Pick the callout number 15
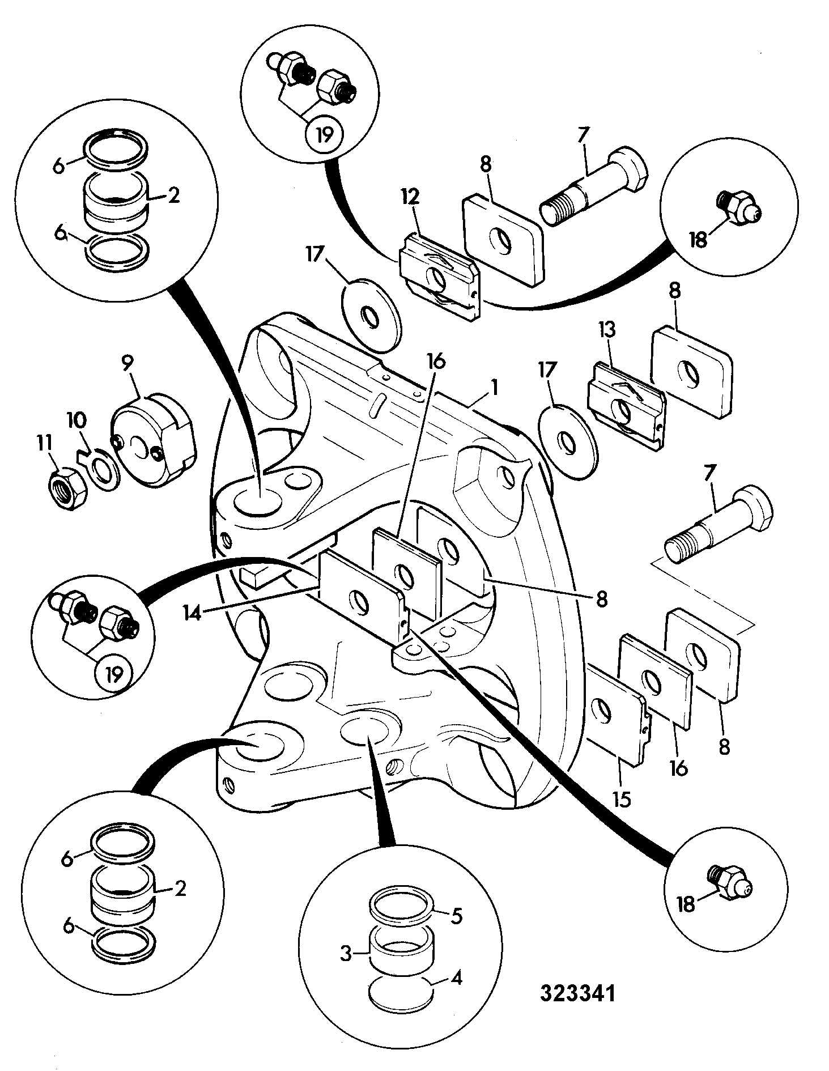(622, 800)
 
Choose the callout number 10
(76, 420)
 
